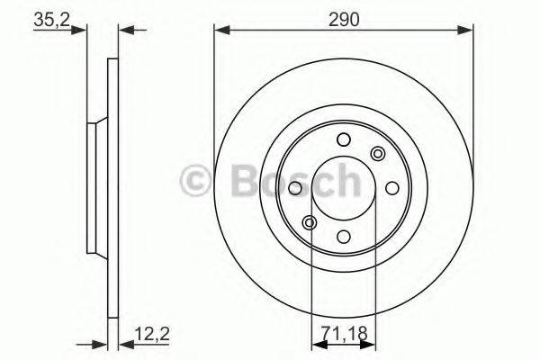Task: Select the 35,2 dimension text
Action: point(50,19)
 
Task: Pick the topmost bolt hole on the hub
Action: point(343,139)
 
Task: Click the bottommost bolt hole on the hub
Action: point(343,236)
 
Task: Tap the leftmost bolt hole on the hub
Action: point(295,188)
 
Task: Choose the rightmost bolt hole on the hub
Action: point(391,188)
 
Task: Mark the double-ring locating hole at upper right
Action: point(377,153)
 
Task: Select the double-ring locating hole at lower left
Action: point(310,222)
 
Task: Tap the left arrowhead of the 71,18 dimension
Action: point(316,342)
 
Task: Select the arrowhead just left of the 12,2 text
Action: point(125,342)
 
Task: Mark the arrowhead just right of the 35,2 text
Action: point(83,30)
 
